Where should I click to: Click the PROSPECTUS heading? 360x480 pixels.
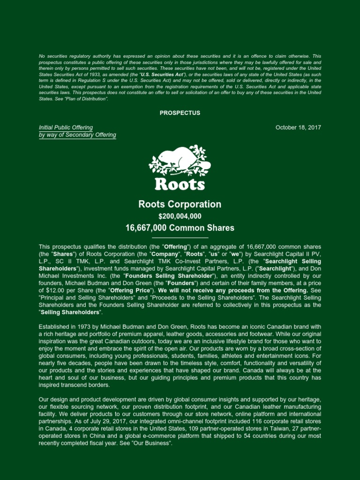tap(180, 113)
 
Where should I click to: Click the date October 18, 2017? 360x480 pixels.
tap(298, 127)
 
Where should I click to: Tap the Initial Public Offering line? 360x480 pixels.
tap(66, 127)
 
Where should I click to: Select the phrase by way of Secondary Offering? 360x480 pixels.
tap(77, 135)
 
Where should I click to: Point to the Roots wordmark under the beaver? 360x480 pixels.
tap(180, 183)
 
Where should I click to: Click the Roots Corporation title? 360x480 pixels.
tap(180, 204)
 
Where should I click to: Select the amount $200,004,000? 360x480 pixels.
tap(180, 216)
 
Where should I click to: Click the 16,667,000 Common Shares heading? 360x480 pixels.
tap(180, 228)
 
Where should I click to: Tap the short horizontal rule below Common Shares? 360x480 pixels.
tap(180, 238)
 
